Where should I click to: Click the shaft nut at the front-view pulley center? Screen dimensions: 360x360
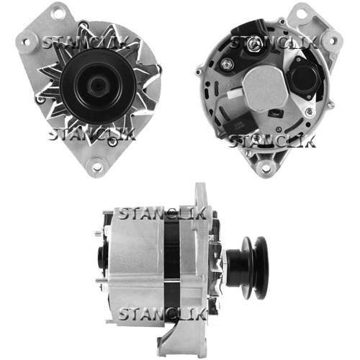point(98,86)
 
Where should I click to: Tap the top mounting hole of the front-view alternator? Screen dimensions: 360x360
point(58,13)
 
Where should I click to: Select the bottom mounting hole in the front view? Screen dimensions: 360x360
point(96,166)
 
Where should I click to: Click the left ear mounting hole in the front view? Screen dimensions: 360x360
point(27,42)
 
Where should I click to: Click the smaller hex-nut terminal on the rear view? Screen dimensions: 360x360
point(227,64)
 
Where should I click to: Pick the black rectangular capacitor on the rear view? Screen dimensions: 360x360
point(237,127)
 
